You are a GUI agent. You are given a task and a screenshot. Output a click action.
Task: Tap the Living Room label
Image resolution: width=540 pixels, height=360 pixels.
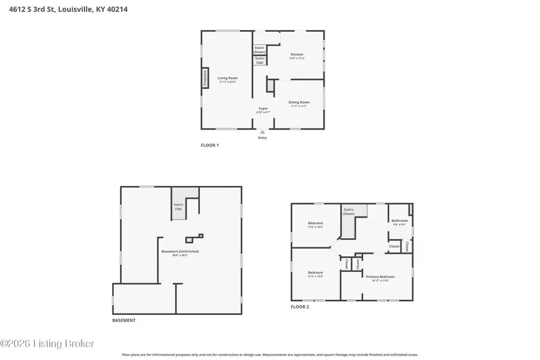227,79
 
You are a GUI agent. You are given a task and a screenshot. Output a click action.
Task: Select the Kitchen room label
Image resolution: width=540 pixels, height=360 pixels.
297,56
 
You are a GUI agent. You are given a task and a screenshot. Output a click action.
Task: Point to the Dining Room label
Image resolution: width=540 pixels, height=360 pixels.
298,103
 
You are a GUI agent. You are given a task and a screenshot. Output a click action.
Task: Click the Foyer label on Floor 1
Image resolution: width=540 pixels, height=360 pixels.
263,110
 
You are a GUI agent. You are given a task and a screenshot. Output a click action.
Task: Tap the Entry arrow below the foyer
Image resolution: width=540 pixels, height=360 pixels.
262,132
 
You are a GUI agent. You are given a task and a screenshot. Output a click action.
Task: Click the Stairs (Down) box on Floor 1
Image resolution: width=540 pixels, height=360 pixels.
260,50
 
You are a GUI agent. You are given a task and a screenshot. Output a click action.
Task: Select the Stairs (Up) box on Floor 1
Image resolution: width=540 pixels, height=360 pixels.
260,61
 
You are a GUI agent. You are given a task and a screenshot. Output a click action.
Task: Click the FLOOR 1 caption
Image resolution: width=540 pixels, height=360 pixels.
209,145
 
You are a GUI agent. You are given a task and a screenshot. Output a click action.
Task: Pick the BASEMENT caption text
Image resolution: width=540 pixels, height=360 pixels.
124,320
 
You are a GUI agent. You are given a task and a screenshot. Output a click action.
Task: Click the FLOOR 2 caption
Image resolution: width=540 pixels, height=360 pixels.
300,307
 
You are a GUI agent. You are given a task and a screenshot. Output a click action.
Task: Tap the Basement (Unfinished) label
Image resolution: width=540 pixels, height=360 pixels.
180,253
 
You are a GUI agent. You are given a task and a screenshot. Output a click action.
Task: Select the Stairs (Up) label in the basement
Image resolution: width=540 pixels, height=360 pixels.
178,206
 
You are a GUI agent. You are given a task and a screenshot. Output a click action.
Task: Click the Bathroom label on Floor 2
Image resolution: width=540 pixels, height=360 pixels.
400,221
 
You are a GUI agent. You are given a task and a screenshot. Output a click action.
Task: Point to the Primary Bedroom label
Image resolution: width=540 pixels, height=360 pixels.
377,277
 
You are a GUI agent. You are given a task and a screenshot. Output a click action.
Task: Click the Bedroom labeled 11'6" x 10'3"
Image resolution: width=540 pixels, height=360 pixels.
316,224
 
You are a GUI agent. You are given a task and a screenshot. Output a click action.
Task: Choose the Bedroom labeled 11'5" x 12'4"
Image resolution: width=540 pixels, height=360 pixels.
316,274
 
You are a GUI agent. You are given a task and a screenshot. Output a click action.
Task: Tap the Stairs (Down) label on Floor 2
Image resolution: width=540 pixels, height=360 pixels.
349,211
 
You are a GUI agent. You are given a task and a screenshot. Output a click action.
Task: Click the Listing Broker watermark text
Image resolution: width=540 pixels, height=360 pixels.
47,344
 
